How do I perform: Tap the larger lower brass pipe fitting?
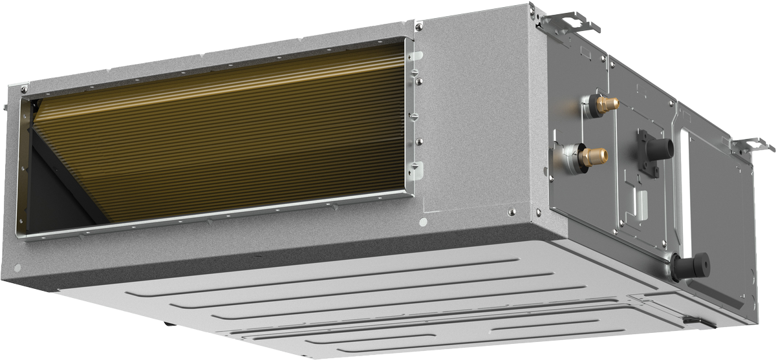tap(593, 156)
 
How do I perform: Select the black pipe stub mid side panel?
tap(660, 148)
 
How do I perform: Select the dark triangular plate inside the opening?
tap(61, 181)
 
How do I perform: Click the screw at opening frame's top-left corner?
tap(24, 89)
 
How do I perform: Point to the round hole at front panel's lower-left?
tap(17, 267)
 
